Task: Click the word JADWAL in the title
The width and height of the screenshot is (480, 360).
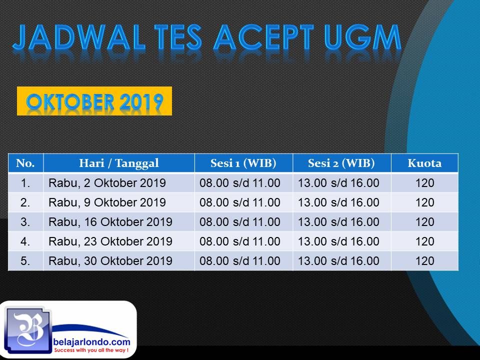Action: (x=78, y=37)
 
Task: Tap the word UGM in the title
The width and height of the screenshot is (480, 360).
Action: (x=363, y=37)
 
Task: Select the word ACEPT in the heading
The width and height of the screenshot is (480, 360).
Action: (x=264, y=37)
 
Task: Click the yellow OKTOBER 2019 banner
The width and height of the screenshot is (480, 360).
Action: (x=94, y=101)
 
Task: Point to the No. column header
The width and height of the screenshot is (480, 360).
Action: (x=25, y=163)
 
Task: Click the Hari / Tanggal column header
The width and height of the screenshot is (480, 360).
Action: (x=119, y=163)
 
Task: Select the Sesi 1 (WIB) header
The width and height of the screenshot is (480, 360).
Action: (x=243, y=163)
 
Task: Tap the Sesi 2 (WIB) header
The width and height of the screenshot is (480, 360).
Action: (x=341, y=163)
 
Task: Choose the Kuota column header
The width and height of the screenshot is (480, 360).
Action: (x=424, y=163)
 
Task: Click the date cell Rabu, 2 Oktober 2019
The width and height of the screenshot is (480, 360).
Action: (x=107, y=183)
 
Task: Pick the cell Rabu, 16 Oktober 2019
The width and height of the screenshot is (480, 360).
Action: (x=110, y=222)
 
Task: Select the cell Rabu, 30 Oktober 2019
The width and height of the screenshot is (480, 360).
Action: (x=110, y=261)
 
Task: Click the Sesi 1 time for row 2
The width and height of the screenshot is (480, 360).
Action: (x=240, y=202)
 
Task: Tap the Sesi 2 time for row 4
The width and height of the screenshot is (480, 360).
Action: (x=338, y=241)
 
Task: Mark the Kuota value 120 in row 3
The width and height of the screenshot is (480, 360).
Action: (x=425, y=222)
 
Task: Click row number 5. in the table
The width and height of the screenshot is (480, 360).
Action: (x=25, y=261)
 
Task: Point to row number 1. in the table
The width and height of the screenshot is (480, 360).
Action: (x=25, y=183)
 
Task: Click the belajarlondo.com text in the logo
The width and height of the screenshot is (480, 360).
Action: (x=91, y=341)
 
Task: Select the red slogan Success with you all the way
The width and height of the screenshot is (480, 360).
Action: (x=91, y=350)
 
